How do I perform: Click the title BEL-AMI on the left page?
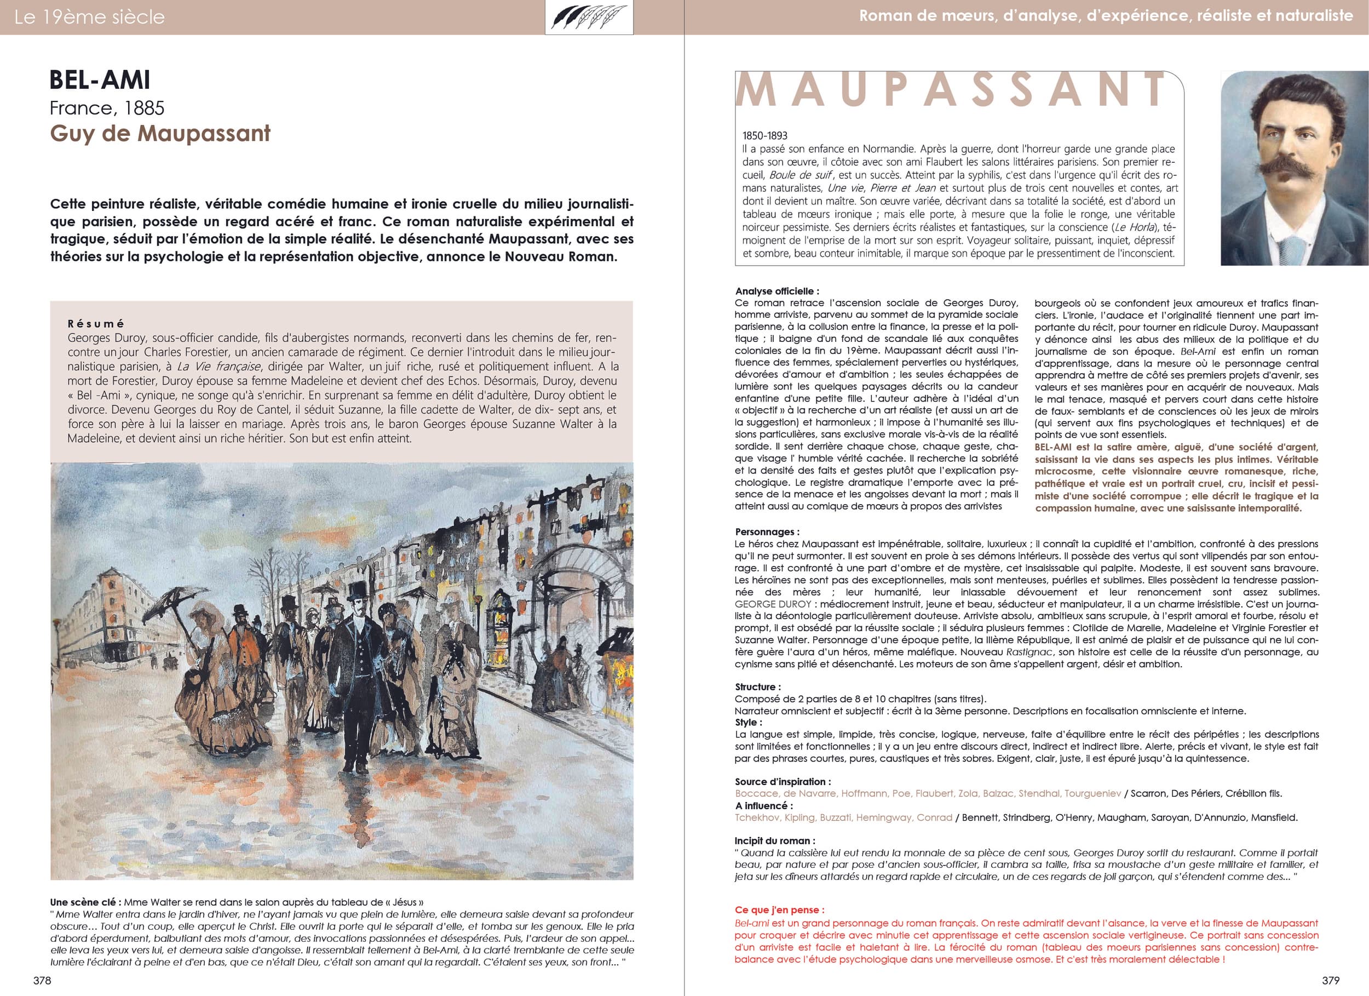click(x=100, y=81)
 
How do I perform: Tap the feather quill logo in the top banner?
click(x=589, y=18)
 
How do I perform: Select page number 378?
click(x=42, y=980)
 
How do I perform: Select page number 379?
click(x=1326, y=980)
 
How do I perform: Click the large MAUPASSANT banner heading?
click(x=951, y=90)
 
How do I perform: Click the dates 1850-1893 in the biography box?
click(x=765, y=136)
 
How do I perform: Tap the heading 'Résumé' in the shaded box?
click(x=96, y=324)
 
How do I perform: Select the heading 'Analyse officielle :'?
click(x=777, y=291)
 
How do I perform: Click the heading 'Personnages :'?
click(x=767, y=532)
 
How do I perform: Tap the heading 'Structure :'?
click(x=757, y=687)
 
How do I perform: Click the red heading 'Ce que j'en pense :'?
click(x=779, y=909)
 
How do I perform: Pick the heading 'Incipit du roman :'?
click(x=775, y=841)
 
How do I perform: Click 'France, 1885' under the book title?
click(x=107, y=108)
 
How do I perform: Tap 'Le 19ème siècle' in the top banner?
click(x=89, y=17)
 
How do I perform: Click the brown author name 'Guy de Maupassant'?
click(x=160, y=134)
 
